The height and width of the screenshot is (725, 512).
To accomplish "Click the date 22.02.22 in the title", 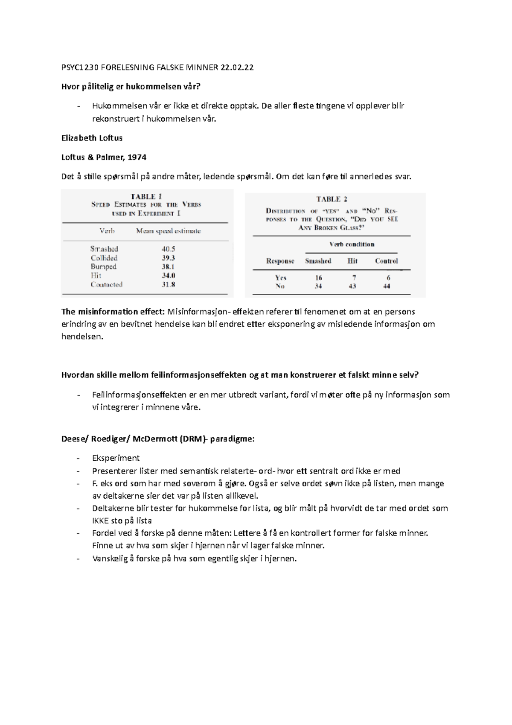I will click(x=237, y=67).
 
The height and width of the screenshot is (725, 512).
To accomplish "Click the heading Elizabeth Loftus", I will click(x=92, y=138).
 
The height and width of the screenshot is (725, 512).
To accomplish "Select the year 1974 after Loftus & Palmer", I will click(x=137, y=157).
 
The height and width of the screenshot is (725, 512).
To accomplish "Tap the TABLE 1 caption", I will click(x=146, y=197).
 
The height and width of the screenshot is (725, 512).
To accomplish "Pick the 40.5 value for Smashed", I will click(x=168, y=249).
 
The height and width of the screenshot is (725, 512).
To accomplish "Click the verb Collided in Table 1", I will click(x=104, y=258).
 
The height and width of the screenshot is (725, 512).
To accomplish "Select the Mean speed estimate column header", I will click(x=168, y=231).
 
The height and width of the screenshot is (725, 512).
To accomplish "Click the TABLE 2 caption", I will click(x=332, y=199).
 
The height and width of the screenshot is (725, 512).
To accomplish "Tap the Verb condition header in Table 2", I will click(x=352, y=244).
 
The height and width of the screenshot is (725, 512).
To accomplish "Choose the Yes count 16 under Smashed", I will click(x=318, y=278).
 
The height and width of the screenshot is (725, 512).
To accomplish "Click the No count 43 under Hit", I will click(x=352, y=286).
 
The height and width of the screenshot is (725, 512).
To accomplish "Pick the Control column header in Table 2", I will click(x=386, y=261).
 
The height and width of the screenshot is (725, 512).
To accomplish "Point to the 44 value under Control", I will click(x=387, y=286).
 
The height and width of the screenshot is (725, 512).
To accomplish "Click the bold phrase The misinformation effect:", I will click(x=113, y=311).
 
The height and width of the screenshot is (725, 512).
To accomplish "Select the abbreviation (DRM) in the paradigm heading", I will click(x=192, y=439).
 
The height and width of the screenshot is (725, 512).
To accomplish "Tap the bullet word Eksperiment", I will click(x=116, y=458).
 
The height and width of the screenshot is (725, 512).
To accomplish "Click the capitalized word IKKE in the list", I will click(x=101, y=520).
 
